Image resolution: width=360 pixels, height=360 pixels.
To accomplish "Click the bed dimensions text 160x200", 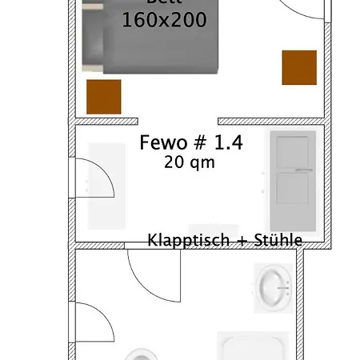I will tap(164, 20).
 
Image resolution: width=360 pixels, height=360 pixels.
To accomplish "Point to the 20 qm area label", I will tap(190, 162).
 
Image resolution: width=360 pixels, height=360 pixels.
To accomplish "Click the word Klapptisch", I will tap(183, 239).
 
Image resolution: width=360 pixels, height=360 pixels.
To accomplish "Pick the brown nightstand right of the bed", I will tap(298, 67).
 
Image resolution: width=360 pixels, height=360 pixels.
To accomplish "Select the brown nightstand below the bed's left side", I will tap(104, 96).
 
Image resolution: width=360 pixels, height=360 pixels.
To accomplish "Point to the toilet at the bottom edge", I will tap(142, 354).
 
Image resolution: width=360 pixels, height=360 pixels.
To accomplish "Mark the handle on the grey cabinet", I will tap(302, 170).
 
